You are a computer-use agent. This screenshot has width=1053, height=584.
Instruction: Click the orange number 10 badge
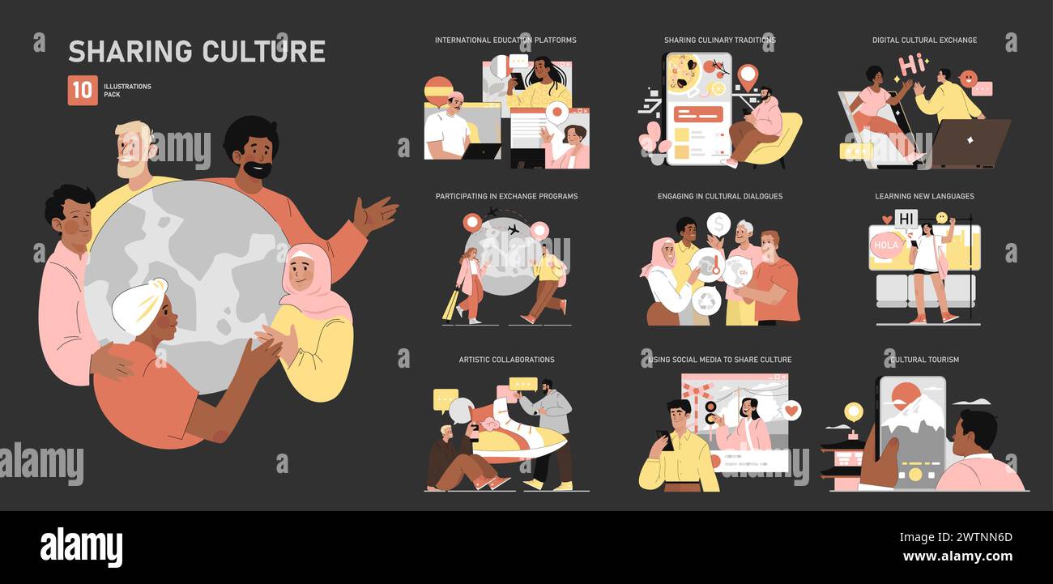[83, 90]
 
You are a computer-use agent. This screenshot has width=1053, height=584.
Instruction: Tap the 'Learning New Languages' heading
[924, 196]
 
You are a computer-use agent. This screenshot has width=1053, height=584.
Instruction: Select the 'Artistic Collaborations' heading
[506, 360]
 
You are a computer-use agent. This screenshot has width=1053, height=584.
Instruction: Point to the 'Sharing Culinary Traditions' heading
[719, 40]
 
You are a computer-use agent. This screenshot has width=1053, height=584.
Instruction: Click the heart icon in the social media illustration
[791, 411]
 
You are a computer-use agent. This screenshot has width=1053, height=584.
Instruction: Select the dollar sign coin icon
[718, 224]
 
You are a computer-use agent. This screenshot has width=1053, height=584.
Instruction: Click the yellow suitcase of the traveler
[450, 305]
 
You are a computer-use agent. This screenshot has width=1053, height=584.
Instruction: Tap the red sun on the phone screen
[905, 396]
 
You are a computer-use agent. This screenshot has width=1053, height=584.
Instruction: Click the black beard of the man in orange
[258, 170]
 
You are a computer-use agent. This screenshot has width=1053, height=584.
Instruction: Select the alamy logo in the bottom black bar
[81, 548]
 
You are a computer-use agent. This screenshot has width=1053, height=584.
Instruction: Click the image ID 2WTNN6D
[979, 537]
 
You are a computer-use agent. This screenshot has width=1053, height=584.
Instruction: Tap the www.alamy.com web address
[957, 556]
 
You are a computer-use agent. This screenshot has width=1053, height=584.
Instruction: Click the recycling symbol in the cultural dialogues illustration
[706, 301]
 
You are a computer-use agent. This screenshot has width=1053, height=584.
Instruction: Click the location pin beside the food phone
[746, 76]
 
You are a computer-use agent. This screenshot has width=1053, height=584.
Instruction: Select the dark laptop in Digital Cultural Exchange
[970, 143]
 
